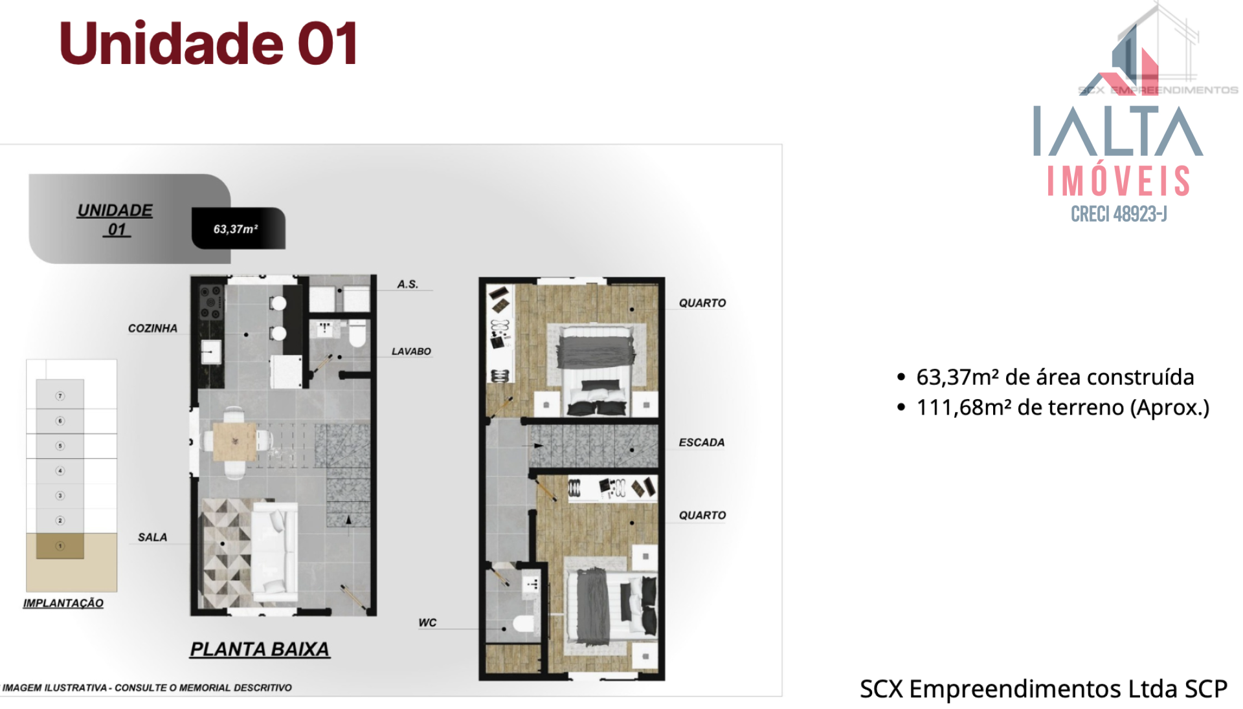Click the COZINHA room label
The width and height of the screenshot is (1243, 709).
[152, 328]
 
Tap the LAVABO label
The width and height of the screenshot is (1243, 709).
[411, 351]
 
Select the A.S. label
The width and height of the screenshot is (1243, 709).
[408, 284]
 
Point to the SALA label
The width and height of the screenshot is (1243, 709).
[152, 537]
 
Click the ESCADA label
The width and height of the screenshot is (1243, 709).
[702, 442]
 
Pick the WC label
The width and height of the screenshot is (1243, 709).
[427, 622]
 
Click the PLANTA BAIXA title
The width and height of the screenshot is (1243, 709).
[260, 649]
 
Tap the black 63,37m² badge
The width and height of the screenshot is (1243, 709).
[238, 228]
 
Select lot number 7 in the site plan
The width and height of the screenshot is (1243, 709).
[60, 396]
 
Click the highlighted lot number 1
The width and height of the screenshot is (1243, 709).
[60, 546]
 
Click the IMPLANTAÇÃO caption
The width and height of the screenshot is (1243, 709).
[63, 603]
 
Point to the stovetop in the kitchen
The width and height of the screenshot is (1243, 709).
[211, 302]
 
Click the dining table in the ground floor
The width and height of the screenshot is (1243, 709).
[234, 441]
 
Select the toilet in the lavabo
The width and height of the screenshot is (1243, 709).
[357, 334]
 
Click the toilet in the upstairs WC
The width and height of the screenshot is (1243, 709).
[524, 624]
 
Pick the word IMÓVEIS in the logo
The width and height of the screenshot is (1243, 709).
[1119, 181]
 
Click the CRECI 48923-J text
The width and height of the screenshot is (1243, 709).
[1119, 214]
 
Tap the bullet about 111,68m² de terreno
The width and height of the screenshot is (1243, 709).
[1053, 408]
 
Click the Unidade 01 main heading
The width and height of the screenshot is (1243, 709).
[208, 43]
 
